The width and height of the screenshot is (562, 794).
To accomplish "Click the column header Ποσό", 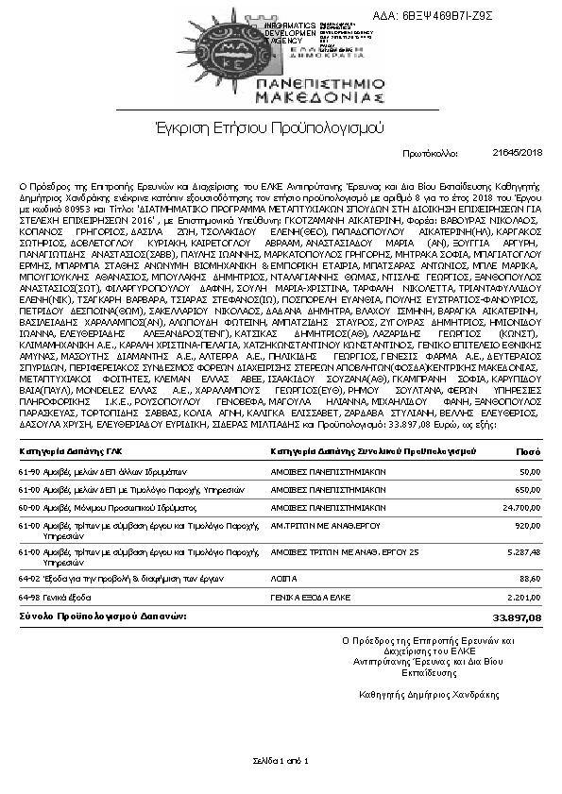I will click(x=530, y=452).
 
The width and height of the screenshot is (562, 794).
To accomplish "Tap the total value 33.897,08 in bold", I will click(x=518, y=617).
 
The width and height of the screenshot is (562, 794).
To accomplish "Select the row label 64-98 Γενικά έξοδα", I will click(x=54, y=597).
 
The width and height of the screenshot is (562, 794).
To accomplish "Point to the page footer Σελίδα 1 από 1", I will click(x=281, y=760).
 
